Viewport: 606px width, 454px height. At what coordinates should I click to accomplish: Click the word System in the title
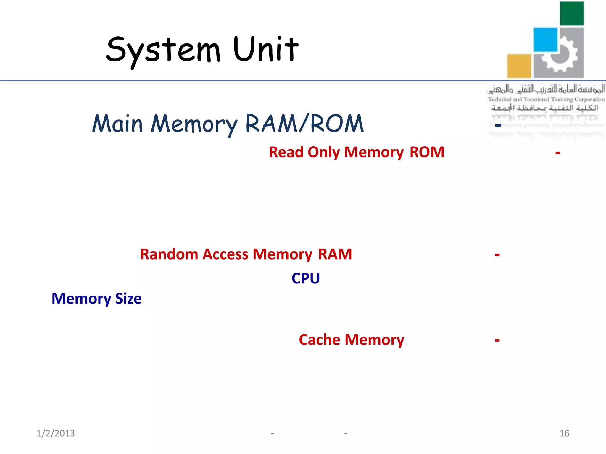click(163, 50)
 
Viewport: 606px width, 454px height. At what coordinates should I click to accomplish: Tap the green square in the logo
click(572, 14)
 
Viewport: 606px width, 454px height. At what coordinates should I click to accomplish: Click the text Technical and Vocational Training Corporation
click(546, 99)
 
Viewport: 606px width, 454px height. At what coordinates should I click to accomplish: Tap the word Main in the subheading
click(117, 124)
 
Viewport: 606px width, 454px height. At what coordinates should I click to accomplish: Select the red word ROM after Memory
click(427, 152)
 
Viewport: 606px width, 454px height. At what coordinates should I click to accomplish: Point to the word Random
click(169, 254)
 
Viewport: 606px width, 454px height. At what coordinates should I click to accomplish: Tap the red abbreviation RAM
click(335, 254)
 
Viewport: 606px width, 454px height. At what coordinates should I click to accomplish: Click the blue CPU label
click(306, 278)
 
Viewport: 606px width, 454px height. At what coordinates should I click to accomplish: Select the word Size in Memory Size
click(128, 299)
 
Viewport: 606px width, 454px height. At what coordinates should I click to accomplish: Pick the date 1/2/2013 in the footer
click(56, 433)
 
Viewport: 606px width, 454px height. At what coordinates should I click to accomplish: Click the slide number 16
click(564, 433)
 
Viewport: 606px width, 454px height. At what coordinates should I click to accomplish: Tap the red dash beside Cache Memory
click(497, 340)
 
